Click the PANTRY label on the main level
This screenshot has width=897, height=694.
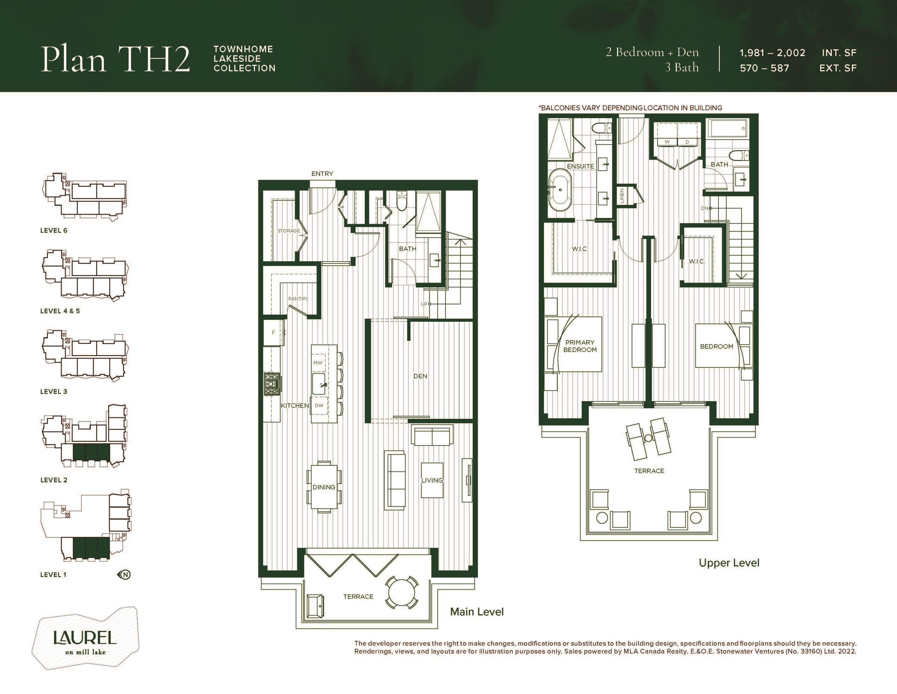click(298, 299)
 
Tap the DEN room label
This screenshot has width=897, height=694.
click(420, 376)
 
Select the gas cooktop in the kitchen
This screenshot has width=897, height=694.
click(272, 384)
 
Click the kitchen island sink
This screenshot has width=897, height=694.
click(319, 383)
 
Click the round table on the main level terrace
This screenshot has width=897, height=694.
click(402, 592)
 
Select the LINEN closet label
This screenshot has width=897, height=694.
click(622, 196)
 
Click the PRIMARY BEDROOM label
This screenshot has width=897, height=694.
click(580, 346)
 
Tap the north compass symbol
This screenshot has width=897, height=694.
click(124, 574)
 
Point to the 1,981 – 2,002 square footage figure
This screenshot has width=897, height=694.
click(772, 53)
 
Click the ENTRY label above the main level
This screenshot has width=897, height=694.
click(322, 173)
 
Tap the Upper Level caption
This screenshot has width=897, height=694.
click(729, 563)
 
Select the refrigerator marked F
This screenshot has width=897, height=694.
click(274, 332)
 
